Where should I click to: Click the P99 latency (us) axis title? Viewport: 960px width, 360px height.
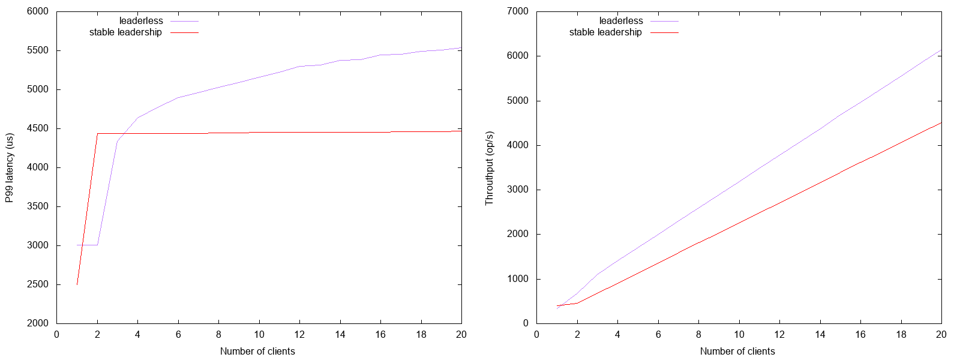(x=10, y=167)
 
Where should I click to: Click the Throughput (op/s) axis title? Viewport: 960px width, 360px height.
(x=490, y=167)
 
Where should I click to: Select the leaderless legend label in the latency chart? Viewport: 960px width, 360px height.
(x=141, y=21)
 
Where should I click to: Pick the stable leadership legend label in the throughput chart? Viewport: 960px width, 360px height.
(x=605, y=32)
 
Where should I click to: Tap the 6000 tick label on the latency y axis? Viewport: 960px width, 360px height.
(x=37, y=11)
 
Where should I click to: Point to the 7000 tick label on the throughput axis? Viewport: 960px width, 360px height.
(x=517, y=11)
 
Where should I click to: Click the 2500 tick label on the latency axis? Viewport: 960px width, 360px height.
(x=37, y=284)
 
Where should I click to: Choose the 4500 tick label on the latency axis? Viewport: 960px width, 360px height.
(x=37, y=128)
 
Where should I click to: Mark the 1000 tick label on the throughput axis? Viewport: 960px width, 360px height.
(x=517, y=279)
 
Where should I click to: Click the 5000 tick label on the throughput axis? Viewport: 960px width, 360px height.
(x=517, y=101)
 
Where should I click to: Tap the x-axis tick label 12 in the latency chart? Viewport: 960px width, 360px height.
(x=299, y=335)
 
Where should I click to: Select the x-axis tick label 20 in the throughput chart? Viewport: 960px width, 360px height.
(x=941, y=335)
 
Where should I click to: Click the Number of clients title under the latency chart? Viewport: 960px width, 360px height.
(x=257, y=352)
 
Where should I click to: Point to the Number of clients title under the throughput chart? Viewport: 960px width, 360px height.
(x=737, y=352)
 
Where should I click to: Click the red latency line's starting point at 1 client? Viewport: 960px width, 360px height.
(x=77, y=284)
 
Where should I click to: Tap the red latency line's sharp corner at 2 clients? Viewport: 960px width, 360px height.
(x=98, y=133)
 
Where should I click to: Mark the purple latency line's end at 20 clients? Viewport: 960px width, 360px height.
(x=461, y=48)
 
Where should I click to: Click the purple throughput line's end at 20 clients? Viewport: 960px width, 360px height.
(x=941, y=50)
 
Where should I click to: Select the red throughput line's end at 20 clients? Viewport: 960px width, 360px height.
(x=941, y=122)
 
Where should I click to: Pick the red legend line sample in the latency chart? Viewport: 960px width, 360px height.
(x=184, y=32)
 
